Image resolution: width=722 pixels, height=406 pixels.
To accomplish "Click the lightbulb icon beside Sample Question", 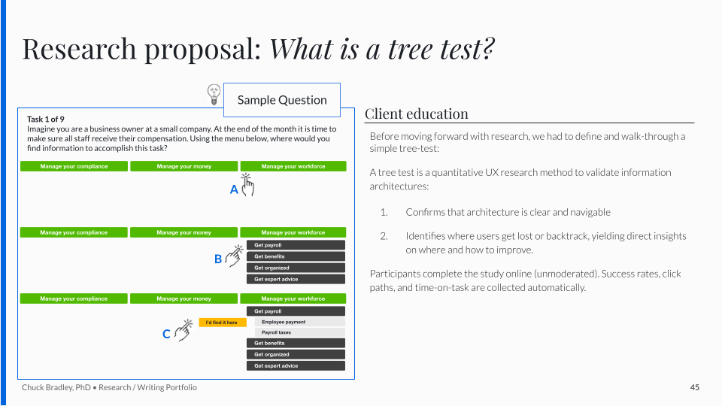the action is pyautogui.click(x=214, y=95).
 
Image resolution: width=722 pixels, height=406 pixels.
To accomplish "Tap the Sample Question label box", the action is pyautogui.click(x=282, y=100).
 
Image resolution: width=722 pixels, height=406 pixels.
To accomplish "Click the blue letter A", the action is pyautogui.click(x=234, y=189).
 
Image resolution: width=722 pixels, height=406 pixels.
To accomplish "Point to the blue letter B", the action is pyautogui.click(x=218, y=259).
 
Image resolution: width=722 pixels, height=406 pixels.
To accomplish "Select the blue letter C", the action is pyautogui.click(x=166, y=334).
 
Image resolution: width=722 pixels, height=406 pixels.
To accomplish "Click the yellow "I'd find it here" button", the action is pyautogui.click(x=223, y=323).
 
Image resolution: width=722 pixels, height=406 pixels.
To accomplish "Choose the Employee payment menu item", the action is pyautogui.click(x=300, y=323).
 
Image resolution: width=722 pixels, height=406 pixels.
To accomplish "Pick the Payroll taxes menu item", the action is pyautogui.click(x=300, y=332).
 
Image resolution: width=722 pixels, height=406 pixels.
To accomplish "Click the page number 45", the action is pyautogui.click(x=695, y=388).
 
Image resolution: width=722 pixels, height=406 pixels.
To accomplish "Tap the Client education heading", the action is pyautogui.click(x=416, y=114).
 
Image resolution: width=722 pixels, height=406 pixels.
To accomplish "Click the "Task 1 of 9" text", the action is pyautogui.click(x=46, y=120).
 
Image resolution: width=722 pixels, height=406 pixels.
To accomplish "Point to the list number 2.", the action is pyautogui.click(x=384, y=236).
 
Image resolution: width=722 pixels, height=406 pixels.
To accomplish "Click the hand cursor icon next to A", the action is pyautogui.click(x=247, y=185).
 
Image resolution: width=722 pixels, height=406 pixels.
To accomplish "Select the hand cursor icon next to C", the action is pyautogui.click(x=184, y=329).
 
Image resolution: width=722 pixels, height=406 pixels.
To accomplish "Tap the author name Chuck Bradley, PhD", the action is pyautogui.click(x=56, y=388).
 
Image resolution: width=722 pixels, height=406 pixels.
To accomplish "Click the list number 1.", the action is pyautogui.click(x=384, y=212).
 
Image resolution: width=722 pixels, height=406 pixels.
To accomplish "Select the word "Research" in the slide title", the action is pyautogui.click(x=79, y=49).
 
